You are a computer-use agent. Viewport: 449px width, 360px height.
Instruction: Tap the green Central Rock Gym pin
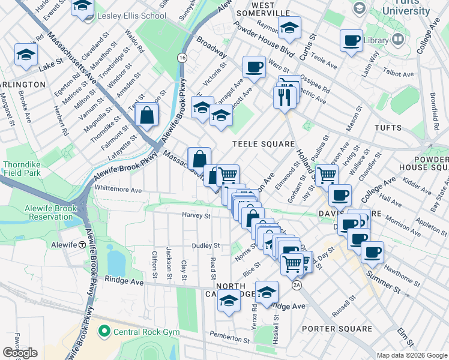[104, 331]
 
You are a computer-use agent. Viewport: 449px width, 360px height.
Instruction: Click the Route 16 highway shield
[181, 57]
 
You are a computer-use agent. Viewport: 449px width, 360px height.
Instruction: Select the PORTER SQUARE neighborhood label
[337, 328]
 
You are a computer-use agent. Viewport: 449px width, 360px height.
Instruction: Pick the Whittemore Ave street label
[118, 190]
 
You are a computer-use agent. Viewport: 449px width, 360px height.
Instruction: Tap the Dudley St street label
[206, 245]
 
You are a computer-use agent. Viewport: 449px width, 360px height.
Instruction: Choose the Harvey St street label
[196, 215]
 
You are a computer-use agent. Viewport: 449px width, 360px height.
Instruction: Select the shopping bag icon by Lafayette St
[146, 115]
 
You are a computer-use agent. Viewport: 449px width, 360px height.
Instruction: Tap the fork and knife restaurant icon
[285, 96]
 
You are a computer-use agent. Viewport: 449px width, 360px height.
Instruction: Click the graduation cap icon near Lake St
[26, 55]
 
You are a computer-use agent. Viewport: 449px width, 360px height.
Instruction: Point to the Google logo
[20, 353]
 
